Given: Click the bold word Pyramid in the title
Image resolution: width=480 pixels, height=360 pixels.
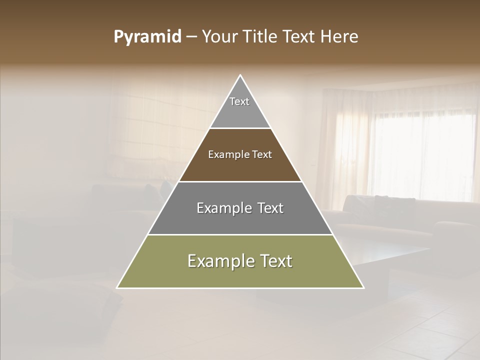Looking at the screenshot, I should [x=147, y=36].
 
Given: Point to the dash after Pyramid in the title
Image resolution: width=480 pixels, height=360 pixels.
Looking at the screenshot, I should [x=191, y=37].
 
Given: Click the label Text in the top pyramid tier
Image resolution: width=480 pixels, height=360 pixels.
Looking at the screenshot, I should [x=239, y=101].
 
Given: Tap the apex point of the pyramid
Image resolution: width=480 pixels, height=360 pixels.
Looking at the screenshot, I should [x=240, y=75].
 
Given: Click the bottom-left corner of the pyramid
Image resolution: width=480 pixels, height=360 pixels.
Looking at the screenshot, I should [x=117, y=287].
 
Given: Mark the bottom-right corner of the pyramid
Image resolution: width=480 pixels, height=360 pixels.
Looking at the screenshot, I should [x=363, y=287].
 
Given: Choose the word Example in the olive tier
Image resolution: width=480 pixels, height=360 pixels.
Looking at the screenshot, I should [x=218, y=261].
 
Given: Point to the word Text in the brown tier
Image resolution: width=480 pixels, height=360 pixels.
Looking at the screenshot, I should [x=262, y=154].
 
